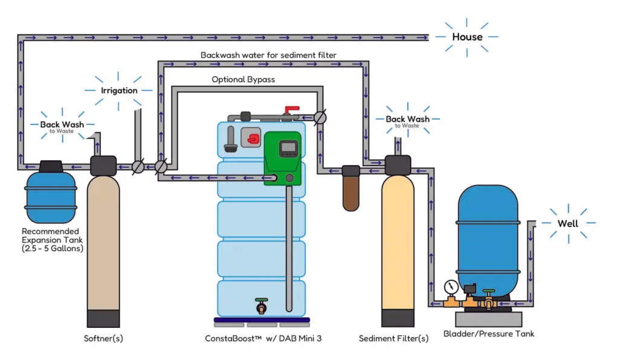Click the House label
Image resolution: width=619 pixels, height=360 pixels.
click(x=467, y=37)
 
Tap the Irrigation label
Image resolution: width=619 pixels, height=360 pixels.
click(x=119, y=90)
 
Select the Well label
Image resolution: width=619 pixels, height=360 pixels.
click(x=568, y=223)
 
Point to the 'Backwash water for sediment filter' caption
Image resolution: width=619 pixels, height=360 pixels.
click(x=268, y=55)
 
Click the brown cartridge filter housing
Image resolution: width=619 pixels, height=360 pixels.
click(x=351, y=190)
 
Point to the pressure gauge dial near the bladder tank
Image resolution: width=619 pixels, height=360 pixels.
click(x=449, y=285)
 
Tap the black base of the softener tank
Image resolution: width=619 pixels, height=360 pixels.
click(x=103, y=318)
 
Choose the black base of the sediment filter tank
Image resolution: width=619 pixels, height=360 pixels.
click(x=398, y=318)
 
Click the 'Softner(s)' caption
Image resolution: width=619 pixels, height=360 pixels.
click(x=103, y=338)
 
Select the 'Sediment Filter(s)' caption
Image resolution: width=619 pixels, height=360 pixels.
click(x=394, y=338)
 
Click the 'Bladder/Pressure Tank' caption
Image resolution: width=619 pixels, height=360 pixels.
click(x=488, y=333)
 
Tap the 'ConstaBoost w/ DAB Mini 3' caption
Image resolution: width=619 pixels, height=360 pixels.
click(x=263, y=338)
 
